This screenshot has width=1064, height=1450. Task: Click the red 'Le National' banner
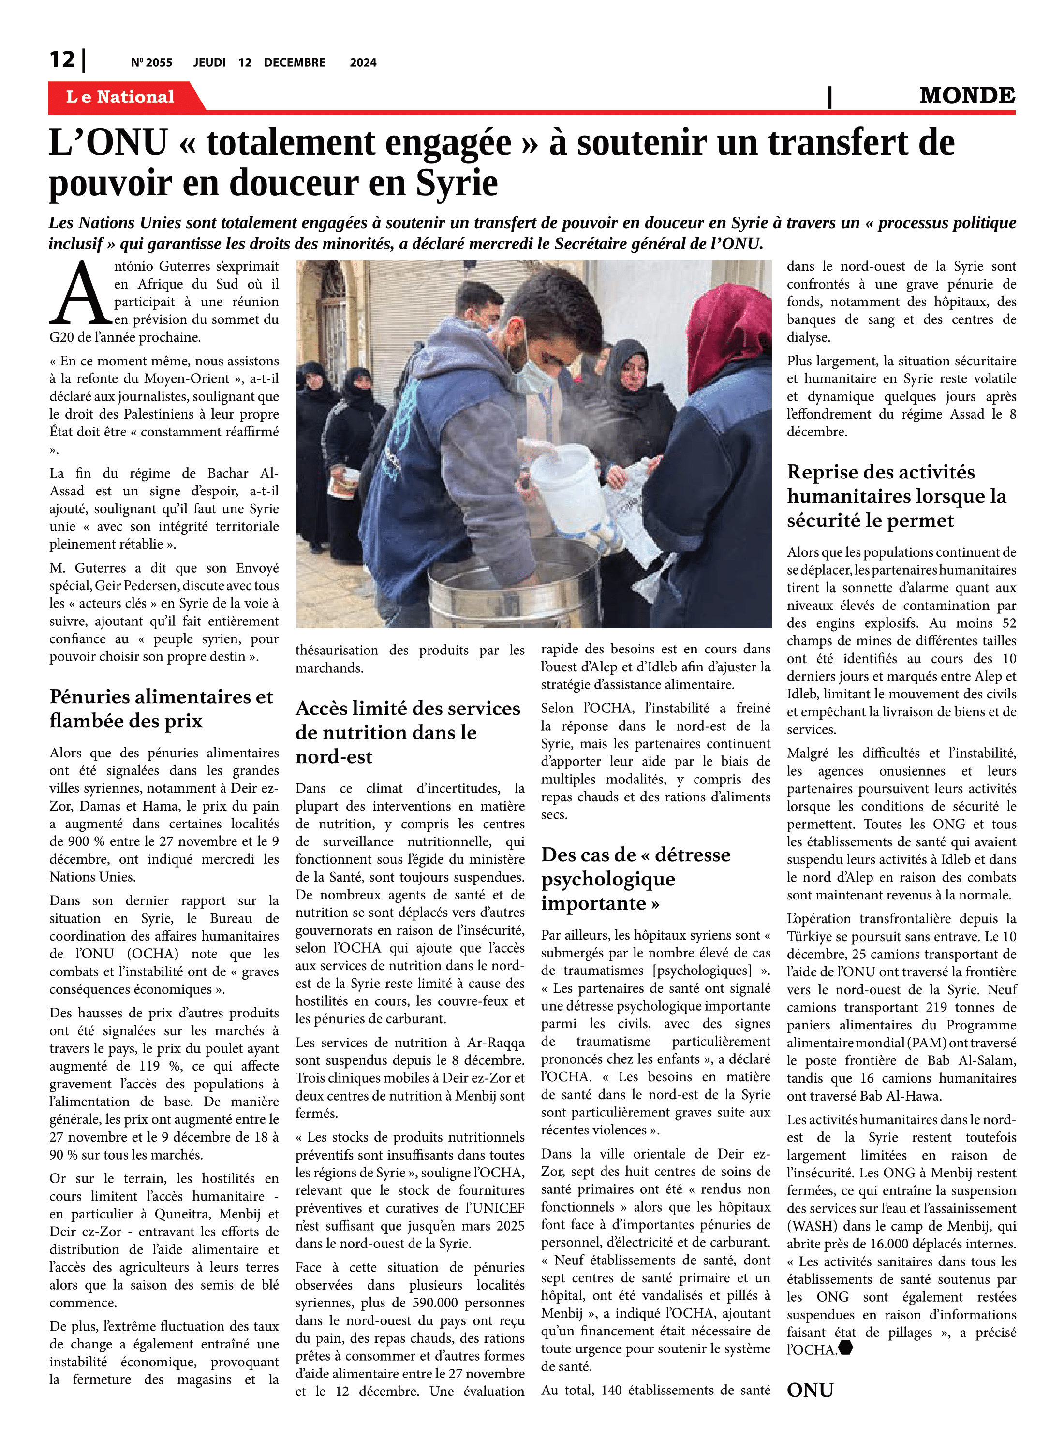click(x=120, y=97)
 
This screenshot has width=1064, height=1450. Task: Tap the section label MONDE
click(x=967, y=96)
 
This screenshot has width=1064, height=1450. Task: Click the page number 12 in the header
click(x=62, y=59)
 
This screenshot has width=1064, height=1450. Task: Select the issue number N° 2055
click(x=151, y=62)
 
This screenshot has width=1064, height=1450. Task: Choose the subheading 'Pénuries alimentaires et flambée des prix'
click(x=161, y=709)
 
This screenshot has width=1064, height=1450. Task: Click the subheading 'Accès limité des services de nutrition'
click(x=407, y=732)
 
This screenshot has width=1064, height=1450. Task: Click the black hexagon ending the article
click(x=846, y=1347)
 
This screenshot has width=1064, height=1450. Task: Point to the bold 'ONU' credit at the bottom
click(x=810, y=1390)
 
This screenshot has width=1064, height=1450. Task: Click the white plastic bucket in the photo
click(x=567, y=479)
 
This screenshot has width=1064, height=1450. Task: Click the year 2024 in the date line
click(x=363, y=62)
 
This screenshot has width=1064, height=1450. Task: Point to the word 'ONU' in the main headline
click(x=126, y=142)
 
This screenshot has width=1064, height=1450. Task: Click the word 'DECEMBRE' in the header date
click(x=295, y=62)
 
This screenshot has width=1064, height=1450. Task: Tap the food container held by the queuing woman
click(x=343, y=483)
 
